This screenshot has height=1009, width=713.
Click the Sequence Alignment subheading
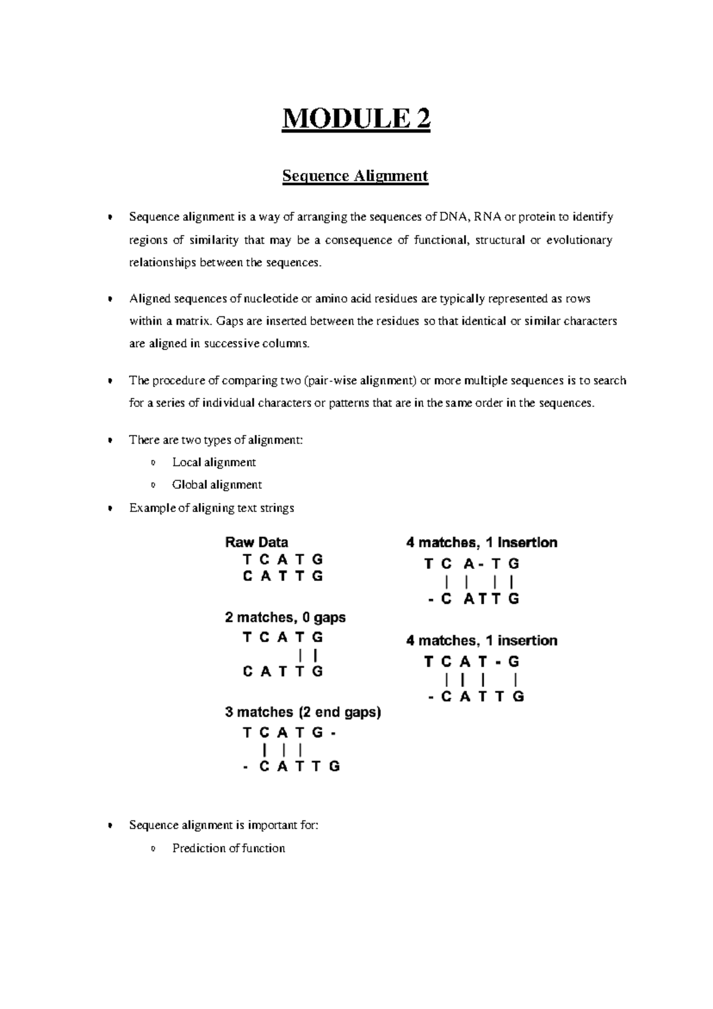tap(355, 176)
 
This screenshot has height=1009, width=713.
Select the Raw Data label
tap(256, 542)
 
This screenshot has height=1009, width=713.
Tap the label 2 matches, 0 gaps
tap(285, 618)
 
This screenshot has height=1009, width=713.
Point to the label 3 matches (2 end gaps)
tap(302, 712)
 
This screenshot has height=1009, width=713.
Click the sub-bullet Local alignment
tap(214, 463)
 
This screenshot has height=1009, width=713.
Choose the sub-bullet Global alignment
tap(217, 485)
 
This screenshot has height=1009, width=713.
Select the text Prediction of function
tap(228, 848)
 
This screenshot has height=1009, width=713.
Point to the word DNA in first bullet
tap(455, 217)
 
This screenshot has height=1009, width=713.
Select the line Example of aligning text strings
tap(212, 508)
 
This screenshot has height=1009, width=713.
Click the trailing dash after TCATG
tap(334, 734)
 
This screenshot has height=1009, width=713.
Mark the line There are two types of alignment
tap(216, 441)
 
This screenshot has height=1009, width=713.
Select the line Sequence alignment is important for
tap(223, 826)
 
